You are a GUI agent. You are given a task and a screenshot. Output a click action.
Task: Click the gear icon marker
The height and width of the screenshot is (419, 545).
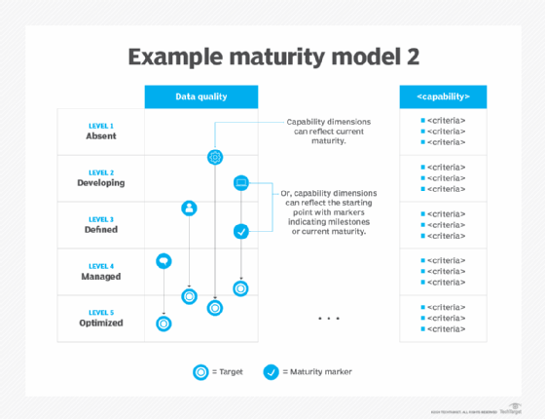(x=215, y=156)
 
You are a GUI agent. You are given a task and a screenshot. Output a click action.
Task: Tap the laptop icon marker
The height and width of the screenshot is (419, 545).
(x=241, y=182)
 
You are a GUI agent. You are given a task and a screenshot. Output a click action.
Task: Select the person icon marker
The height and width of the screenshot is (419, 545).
(x=189, y=208)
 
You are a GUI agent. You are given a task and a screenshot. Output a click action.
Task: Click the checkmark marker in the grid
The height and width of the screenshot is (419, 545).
(x=241, y=231)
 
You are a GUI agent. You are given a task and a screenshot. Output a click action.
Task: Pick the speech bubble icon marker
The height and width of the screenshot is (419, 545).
(x=163, y=260)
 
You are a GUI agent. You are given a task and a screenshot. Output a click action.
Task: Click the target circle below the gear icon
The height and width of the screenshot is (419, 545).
(x=215, y=307)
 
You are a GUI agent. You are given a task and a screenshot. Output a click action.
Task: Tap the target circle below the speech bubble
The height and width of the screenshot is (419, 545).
(x=163, y=323)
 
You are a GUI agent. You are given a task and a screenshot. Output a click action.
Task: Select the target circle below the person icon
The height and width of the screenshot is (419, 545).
(x=189, y=295)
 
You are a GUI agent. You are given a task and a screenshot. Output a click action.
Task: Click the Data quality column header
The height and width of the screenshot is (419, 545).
(x=201, y=96)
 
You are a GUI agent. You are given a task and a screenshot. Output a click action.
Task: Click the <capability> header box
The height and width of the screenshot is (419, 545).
(x=443, y=96)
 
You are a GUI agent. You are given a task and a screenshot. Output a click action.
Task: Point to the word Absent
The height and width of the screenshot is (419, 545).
(x=100, y=136)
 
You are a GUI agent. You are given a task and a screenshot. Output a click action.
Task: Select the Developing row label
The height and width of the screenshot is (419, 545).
(x=100, y=182)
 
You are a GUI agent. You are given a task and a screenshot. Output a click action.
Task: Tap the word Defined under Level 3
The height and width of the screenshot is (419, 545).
(x=100, y=230)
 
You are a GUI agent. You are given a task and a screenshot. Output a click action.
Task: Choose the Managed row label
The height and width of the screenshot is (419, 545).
(x=100, y=276)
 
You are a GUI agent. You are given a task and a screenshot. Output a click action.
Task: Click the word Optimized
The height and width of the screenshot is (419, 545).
(x=100, y=323)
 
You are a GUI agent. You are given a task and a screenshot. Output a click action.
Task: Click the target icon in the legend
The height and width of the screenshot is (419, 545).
(x=200, y=370)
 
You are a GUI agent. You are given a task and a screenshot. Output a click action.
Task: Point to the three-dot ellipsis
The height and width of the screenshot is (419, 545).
(x=328, y=319)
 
